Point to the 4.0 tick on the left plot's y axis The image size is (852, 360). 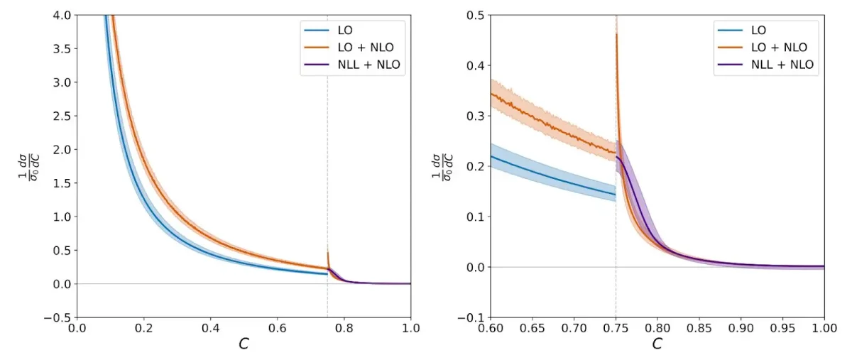[62, 15]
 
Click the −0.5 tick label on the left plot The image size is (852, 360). [58, 317]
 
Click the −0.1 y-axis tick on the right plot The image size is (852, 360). [472, 317]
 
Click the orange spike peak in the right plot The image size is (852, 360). [616, 33]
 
